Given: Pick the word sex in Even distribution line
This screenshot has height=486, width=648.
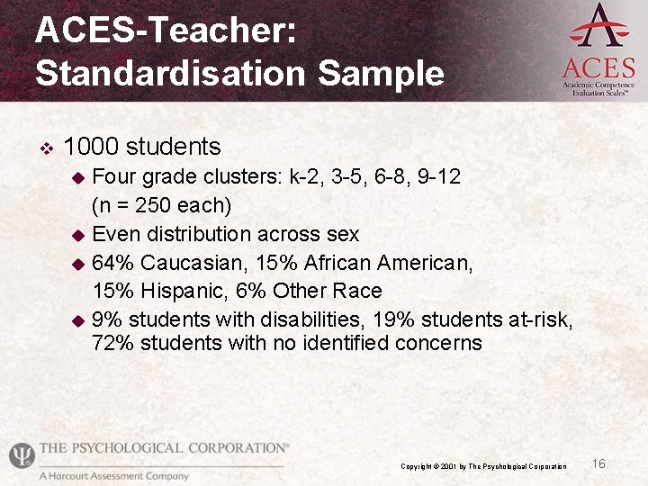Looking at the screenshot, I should pyautogui.click(x=342, y=235).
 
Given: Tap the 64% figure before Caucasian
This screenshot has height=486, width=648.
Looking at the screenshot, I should pyautogui.click(x=113, y=263).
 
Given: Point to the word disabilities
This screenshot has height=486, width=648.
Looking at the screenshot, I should pyautogui.click(x=311, y=319).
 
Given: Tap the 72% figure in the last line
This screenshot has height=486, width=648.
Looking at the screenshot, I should pyautogui.click(x=113, y=343).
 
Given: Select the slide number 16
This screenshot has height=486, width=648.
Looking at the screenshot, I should pyautogui.click(x=598, y=463).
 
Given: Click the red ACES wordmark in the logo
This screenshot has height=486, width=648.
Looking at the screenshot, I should pyautogui.click(x=598, y=68).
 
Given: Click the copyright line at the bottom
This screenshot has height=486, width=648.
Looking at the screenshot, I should pyautogui.click(x=484, y=466).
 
